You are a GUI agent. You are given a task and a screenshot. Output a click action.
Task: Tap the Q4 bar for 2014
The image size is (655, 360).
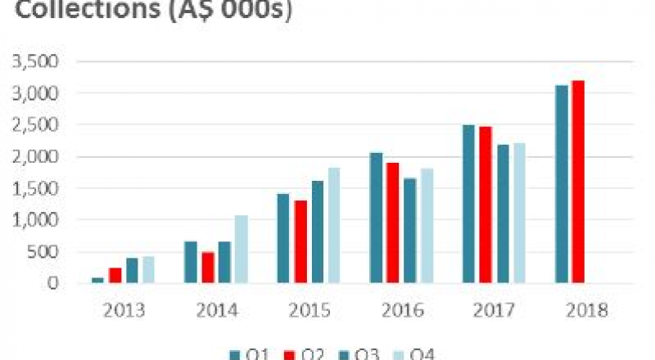[241, 250]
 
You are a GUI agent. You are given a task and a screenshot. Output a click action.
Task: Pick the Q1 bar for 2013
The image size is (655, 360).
[98, 280]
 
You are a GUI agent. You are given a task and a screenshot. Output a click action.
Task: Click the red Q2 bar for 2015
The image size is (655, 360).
[300, 242]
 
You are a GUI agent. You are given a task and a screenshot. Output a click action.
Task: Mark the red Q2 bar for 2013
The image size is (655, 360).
[115, 275]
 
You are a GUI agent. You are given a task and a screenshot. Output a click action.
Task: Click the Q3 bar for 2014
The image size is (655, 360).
[224, 263]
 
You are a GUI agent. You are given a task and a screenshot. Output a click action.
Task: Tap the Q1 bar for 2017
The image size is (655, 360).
[468, 204]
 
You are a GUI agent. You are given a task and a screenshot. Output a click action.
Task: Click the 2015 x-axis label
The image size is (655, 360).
[309, 311]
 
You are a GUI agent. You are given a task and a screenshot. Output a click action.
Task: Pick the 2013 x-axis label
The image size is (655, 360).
[124, 311]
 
